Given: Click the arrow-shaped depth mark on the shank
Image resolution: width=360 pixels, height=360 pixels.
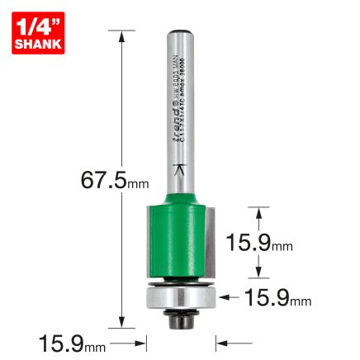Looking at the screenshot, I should pos(182,170).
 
